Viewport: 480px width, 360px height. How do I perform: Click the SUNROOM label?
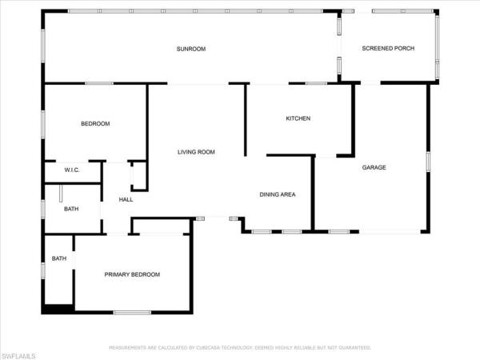pos(191,49)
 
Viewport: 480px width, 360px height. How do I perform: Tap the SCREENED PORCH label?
pos(388,48)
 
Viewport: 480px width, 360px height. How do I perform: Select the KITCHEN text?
pos(298,118)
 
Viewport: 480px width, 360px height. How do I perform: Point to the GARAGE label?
pos(374,167)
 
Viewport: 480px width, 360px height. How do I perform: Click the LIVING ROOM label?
pos(196,152)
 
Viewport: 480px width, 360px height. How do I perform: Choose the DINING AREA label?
pos(278,194)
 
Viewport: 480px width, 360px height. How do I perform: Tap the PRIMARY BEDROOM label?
pos(132,274)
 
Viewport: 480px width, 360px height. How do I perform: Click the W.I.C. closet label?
pos(72,170)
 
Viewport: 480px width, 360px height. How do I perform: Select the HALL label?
pos(126,199)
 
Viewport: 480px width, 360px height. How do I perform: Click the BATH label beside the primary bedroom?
pos(59,258)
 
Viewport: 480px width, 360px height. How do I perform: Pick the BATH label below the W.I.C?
pos(71,209)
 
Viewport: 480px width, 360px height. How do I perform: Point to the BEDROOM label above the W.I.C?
pos(95,124)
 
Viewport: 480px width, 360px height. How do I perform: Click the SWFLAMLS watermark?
pos(18,356)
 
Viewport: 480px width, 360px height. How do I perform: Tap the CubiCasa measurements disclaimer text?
pos(240,348)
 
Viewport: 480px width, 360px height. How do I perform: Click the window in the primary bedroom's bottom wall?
pos(132,313)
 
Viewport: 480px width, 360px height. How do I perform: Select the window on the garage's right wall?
pos(428,162)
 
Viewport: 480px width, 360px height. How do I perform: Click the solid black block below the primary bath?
pos(58,309)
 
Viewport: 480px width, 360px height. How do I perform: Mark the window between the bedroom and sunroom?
pos(99,83)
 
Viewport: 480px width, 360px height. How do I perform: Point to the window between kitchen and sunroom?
pos(317,83)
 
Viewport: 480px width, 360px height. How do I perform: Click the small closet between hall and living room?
pos(139,176)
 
